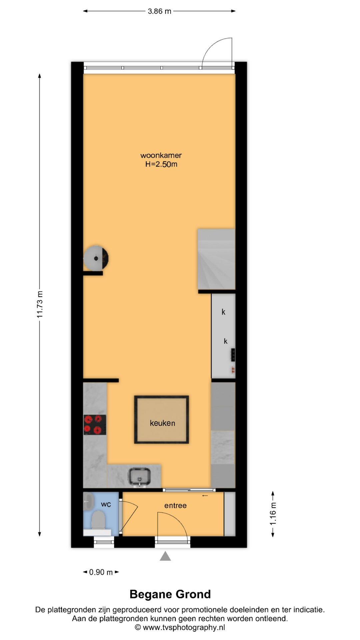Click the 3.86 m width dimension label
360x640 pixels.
coord(159,11)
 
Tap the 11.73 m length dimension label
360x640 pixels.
coord(40,304)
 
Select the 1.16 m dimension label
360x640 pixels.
coord(273,514)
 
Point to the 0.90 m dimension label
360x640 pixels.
coord(101,572)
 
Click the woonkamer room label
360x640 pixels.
coord(161,155)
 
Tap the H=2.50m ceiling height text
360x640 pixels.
coord(161,164)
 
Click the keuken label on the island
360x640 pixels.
coord(162,423)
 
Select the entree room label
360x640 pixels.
coord(175,506)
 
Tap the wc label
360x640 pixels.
coord(106,504)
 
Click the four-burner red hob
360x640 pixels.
coord(95,425)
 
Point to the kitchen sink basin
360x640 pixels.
coord(140,476)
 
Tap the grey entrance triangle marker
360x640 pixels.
coord(165,556)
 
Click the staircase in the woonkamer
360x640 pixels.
coord(216,259)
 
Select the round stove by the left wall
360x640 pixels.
coord(96,258)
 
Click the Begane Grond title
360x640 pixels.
coord(170,594)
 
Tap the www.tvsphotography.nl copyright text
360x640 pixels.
coord(184,627)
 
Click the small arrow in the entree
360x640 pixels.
coord(205,496)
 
